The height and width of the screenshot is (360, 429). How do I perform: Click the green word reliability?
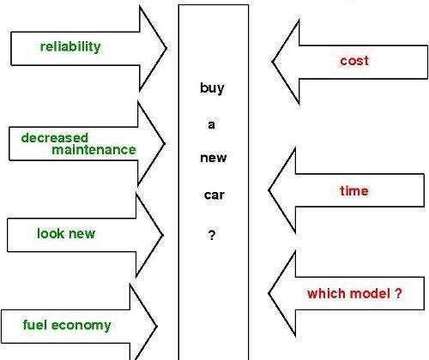click(70, 47)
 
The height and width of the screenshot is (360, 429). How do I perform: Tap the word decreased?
click(55, 138)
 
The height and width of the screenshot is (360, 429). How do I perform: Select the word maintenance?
click(94, 150)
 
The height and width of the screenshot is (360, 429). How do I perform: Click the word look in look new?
click(51, 233)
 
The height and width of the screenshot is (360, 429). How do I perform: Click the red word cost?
click(354, 61)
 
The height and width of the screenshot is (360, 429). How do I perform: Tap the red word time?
click(354, 190)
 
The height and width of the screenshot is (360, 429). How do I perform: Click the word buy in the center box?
click(212, 88)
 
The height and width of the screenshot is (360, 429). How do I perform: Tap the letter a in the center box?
click(211, 125)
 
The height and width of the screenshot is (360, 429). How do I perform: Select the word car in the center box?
click(214, 195)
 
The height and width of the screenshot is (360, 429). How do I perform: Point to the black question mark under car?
click(212, 235)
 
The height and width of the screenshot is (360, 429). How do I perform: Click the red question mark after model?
click(398, 293)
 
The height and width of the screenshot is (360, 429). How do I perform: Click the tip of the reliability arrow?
click(166, 48)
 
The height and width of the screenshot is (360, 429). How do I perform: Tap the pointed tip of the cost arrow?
click(272, 62)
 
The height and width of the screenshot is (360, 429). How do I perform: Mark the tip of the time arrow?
click(269, 190)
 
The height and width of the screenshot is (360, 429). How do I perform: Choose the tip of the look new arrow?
click(163, 235)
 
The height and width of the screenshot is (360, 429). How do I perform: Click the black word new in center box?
click(214, 158)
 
